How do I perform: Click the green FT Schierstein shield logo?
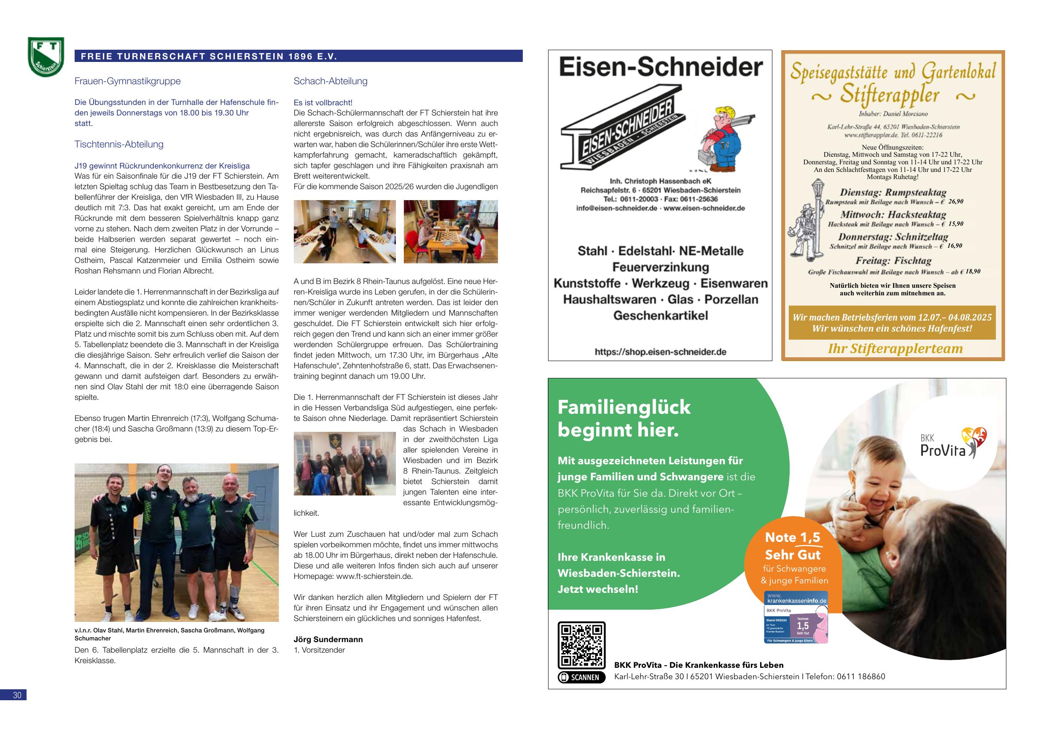tap(46, 57)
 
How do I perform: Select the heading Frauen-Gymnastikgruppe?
tap(128, 81)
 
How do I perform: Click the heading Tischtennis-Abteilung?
tap(119, 145)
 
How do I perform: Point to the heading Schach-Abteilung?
tap(330, 81)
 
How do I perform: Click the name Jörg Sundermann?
tap(328, 639)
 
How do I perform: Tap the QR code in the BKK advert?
tap(582, 645)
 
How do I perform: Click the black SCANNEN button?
tap(582, 677)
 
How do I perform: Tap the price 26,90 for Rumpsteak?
tap(955, 202)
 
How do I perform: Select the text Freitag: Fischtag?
tap(893, 261)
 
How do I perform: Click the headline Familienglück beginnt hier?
tap(624, 418)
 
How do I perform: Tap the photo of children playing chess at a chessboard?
tap(451, 232)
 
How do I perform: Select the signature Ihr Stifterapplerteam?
tap(895, 349)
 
